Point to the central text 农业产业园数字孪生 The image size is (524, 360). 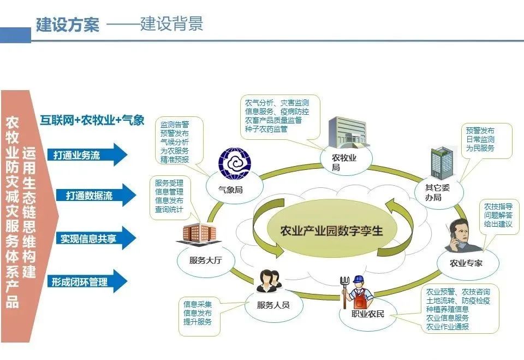[x=331, y=230]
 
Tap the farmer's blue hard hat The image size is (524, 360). [x=359, y=280]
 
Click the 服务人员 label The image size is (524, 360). [x=273, y=305]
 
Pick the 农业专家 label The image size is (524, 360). [x=466, y=263]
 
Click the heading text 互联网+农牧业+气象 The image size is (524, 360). [x=92, y=120]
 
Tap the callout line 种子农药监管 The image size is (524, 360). [x=266, y=129]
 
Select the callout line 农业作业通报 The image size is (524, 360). [x=447, y=327]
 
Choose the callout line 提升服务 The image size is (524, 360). [x=198, y=322]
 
